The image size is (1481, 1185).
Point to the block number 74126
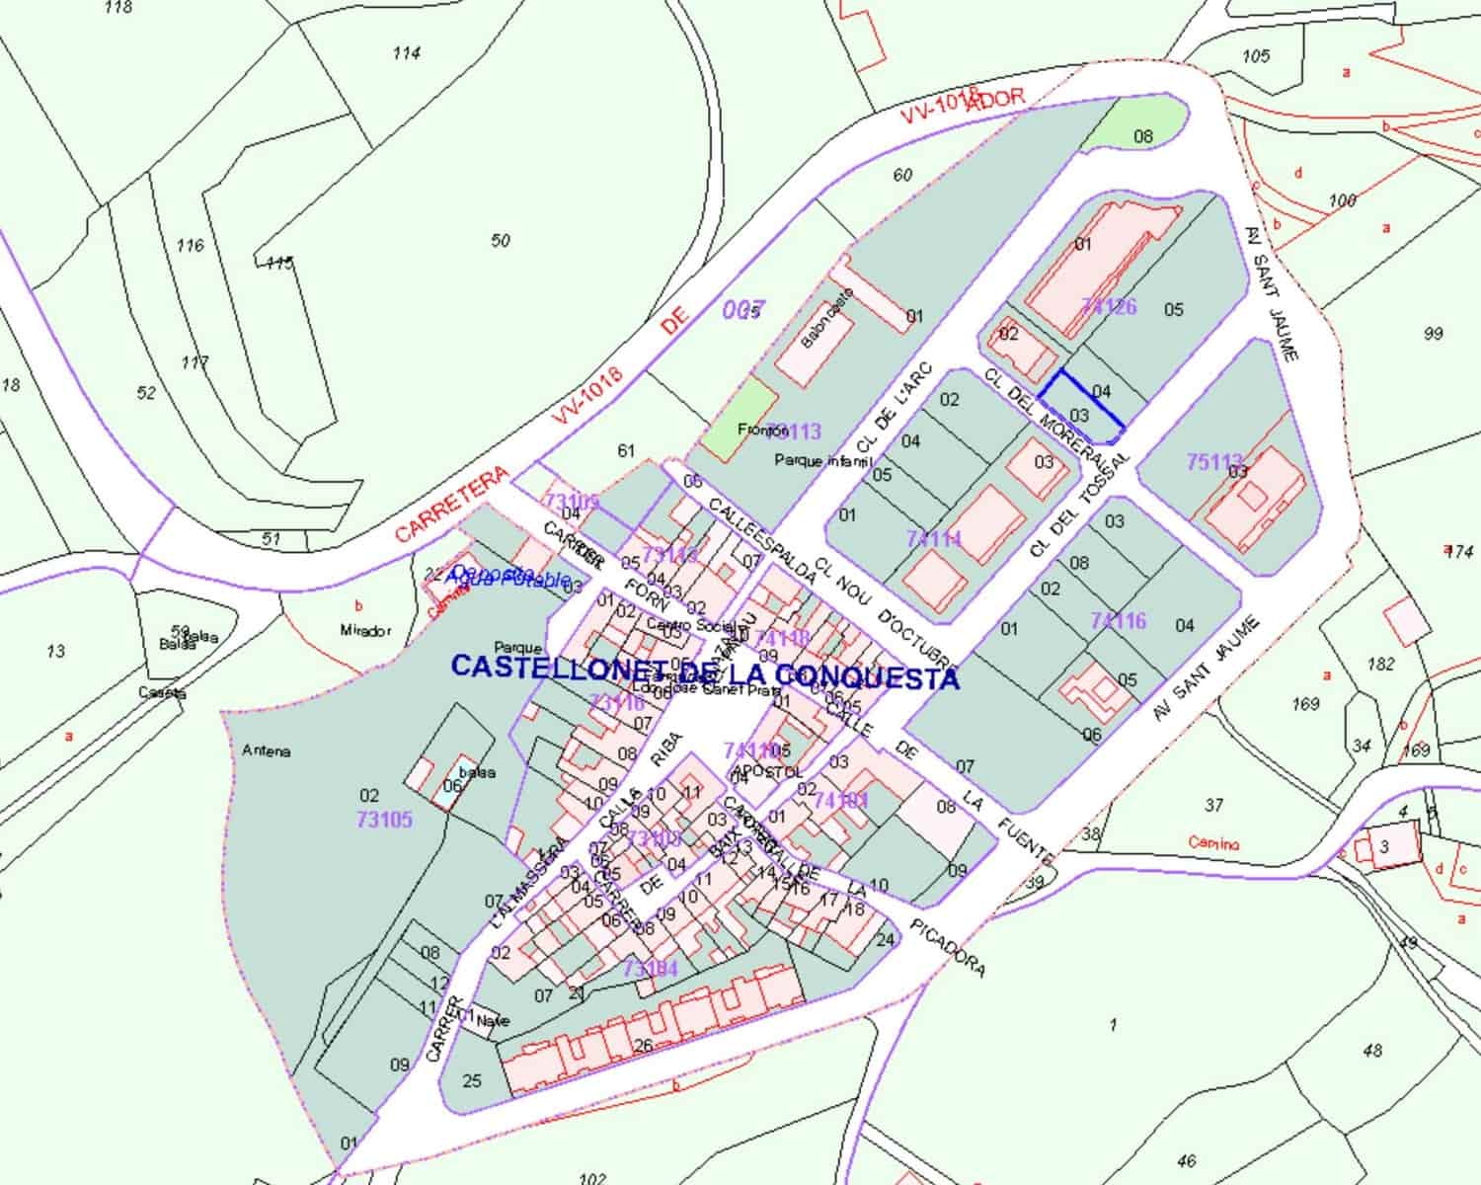(1109, 306)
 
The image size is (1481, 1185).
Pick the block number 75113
(1214, 461)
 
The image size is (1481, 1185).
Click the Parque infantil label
(823, 460)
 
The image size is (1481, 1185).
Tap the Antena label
(267, 751)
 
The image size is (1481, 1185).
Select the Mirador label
(365, 631)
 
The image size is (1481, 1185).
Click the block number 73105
(385, 820)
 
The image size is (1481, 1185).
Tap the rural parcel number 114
(406, 53)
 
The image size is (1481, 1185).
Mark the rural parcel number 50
(501, 240)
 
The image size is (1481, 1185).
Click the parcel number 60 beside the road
(902, 176)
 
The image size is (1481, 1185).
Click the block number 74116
(1119, 620)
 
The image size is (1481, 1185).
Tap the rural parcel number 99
(1434, 335)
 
